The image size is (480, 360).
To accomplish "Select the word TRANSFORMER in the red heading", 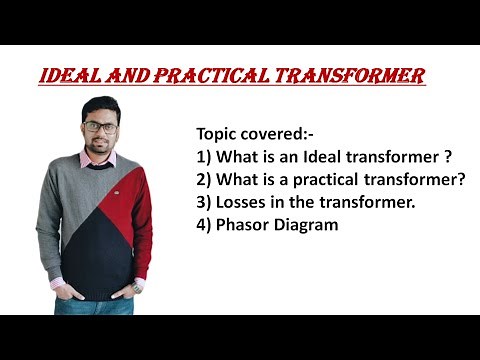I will point(361,76).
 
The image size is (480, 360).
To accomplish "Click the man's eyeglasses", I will point(99,127).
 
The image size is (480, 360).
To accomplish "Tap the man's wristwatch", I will point(137,288).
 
